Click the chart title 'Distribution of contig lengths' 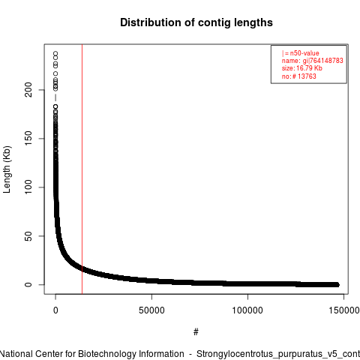click(196, 22)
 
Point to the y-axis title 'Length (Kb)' click(7, 169)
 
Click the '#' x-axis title click(196, 332)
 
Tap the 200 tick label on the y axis click(28, 90)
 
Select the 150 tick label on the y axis click(28, 138)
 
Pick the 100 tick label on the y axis click(28, 187)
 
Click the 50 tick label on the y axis click(28, 235)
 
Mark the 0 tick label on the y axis click(28, 284)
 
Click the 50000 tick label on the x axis click(151, 310)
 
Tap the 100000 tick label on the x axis click(247, 310)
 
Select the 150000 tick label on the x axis click(344, 310)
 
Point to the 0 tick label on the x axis click(55, 310)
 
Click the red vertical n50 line click(82, 169)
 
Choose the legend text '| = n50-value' click(300, 53)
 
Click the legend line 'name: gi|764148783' click(312, 61)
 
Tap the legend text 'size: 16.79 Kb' click(302, 68)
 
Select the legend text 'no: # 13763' click(299, 76)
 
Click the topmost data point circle click(55, 54)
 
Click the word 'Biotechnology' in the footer click(106, 354)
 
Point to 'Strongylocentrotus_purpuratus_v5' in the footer click(267, 354)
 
